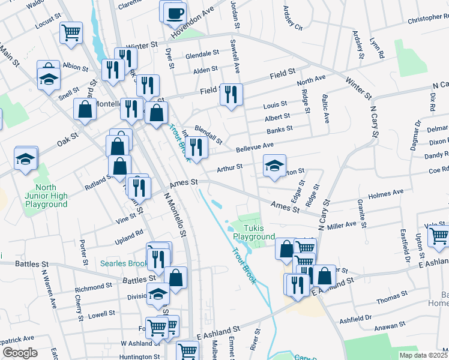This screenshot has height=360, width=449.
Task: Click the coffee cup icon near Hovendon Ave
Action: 175,13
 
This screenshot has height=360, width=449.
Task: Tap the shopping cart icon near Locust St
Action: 71,32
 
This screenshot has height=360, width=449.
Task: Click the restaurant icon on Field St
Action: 231,94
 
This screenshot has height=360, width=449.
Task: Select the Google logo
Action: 20,353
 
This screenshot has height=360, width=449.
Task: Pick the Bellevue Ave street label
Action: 255,146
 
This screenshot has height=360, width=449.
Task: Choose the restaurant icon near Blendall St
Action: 197,146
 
